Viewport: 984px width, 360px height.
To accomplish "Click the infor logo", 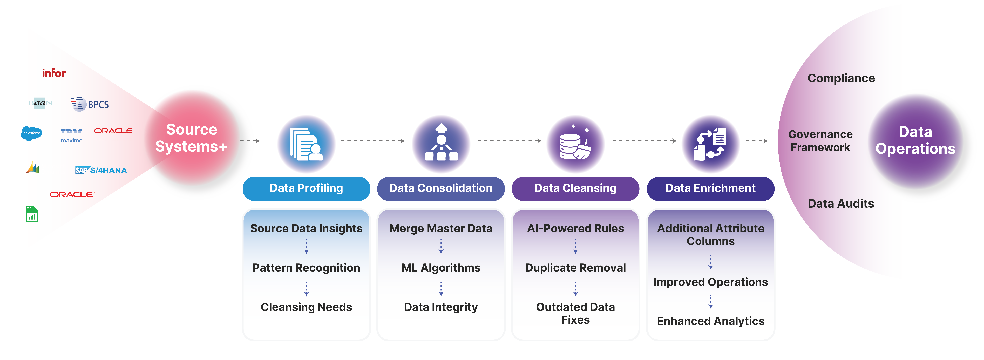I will (54, 73).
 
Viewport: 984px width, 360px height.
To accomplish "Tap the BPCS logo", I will (89, 104).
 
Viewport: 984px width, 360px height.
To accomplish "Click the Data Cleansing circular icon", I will (575, 144).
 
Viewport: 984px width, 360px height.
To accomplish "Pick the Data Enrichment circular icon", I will (710, 144).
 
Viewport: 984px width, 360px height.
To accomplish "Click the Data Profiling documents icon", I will (306, 144).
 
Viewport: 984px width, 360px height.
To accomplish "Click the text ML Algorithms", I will (441, 268).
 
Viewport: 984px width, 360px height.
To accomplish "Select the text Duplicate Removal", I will (575, 268).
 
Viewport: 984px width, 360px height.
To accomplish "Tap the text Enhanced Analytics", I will (710, 321).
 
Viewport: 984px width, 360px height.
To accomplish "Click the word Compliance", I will (841, 78).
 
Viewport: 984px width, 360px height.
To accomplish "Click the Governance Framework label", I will (820, 141).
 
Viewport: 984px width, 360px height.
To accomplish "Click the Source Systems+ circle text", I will (191, 138).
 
